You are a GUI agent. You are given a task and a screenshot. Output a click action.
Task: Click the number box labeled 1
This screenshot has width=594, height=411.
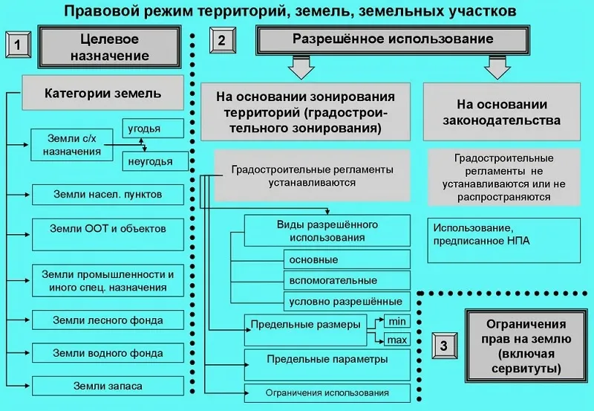tap(17, 46)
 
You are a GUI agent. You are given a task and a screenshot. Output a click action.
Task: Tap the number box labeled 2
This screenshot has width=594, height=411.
tap(221, 41)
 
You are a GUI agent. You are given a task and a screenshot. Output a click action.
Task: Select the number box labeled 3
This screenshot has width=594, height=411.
tap(443, 346)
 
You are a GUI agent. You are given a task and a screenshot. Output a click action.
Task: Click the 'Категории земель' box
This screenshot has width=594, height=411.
tap(103, 94)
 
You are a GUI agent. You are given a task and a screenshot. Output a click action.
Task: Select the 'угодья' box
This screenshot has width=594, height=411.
tap(151, 129)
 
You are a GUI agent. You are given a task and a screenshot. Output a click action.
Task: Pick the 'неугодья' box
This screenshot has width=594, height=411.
tap(151, 161)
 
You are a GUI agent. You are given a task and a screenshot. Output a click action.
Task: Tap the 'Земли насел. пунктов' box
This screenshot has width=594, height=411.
tap(108, 194)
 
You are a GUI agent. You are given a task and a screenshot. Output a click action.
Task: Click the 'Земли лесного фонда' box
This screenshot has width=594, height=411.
tap(108, 320)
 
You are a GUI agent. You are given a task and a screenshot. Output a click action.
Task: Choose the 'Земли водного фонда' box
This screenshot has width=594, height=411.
tap(108, 352)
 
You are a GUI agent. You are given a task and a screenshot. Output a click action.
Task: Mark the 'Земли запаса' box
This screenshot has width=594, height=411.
tap(108, 386)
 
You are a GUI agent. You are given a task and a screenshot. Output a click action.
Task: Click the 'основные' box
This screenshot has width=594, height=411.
tap(347, 259)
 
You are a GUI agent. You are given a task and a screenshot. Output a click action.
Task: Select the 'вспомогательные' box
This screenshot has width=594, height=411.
tap(347, 280)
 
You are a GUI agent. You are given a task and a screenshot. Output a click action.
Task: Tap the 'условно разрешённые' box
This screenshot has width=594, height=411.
tap(347, 301)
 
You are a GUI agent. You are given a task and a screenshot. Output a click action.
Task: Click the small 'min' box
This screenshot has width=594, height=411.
tap(396, 321)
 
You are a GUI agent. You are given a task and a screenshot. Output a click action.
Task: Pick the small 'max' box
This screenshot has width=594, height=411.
tap(396, 340)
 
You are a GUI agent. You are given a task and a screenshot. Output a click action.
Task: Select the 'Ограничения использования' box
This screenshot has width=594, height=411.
tap(327, 392)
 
